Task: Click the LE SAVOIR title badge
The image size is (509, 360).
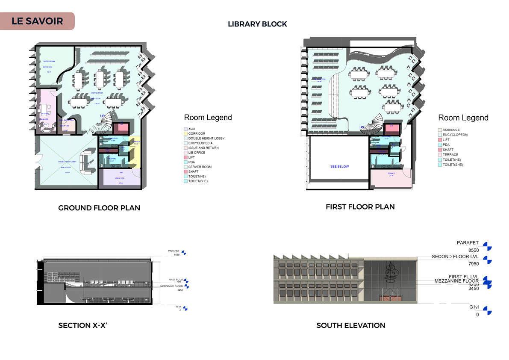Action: click(x=37, y=21)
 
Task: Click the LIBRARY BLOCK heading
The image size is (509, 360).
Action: click(x=257, y=24)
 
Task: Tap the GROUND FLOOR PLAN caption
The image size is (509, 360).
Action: click(x=99, y=208)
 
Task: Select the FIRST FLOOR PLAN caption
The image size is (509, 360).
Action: click(x=360, y=207)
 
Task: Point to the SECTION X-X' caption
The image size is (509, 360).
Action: click(x=82, y=325)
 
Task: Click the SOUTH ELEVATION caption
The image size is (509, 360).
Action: click(x=350, y=325)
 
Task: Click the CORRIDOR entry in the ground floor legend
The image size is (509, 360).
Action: click(x=197, y=134)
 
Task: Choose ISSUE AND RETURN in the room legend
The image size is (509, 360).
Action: click(x=203, y=148)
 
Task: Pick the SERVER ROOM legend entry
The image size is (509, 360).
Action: click(x=200, y=167)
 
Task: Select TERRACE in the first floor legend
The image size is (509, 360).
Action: click(x=450, y=155)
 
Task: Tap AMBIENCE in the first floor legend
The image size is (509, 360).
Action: click(x=451, y=130)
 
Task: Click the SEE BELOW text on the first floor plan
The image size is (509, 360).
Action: click(x=339, y=166)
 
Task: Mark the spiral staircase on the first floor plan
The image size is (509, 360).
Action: click(x=371, y=125)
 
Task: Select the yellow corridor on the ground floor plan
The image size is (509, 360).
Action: click(x=135, y=152)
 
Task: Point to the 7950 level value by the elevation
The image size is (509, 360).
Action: click(x=473, y=264)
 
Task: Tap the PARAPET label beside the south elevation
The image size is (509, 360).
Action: click(x=468, y=243)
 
